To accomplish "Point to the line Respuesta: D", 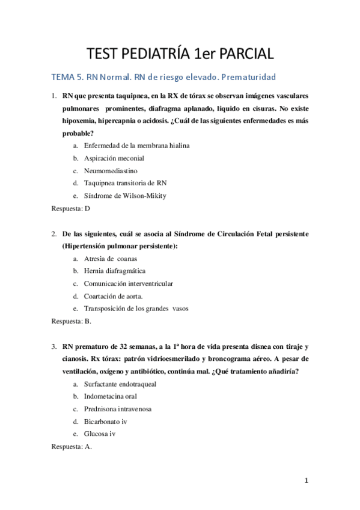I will point(71,208).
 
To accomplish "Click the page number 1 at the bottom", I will point(307,481).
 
